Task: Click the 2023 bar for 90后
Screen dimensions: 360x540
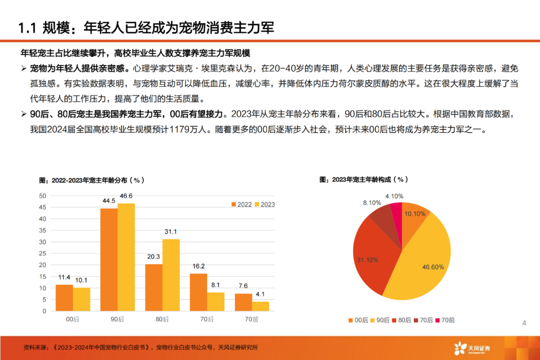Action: [x=126, y=257]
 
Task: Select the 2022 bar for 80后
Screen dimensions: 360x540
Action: [x=153, y=287]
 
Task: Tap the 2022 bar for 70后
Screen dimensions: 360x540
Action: [x=198, y=292]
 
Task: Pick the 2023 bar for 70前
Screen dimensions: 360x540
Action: [x=260, y=306]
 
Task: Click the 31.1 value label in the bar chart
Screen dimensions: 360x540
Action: [x=171, y=231]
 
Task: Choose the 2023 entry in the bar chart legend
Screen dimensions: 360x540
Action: [x=264, y=204]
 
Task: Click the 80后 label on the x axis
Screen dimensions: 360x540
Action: [x=162, y=319]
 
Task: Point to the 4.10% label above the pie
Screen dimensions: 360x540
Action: [x=394, y=196]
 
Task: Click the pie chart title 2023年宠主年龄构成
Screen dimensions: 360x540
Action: [x=363, y=179]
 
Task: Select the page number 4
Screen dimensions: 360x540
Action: [x=524, y=323]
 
